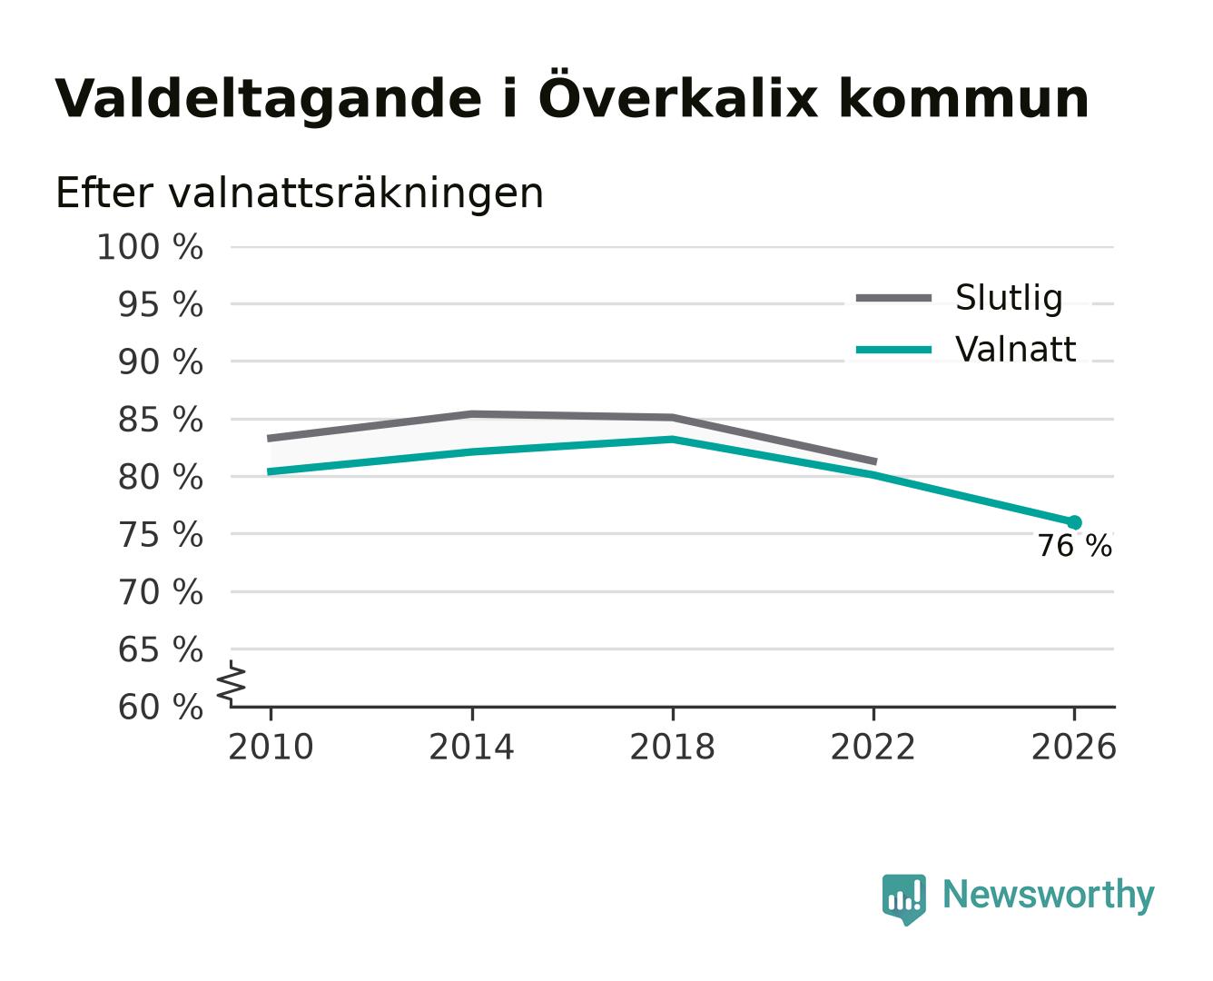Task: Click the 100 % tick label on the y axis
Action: click(x=150, y=247)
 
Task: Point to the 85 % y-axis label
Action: click(x=160, y=420)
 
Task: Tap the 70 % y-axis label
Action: click(x=160, y=592)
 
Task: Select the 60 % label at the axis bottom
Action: click(x=160, y=707)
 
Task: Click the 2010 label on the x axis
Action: click(x=271, y=747)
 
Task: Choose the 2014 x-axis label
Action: click(x=471, y=747)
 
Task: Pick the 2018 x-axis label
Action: click(x=672, y=747)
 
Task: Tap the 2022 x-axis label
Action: click(x=873, y=747)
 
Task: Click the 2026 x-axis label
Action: click(x=1073, y=747)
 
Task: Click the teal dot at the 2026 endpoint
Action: click(x=1074, y=522)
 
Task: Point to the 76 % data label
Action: click(x=1075, y=546)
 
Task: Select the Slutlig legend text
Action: click(x=1009, y=298)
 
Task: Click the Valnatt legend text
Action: click(x=1015, y=349)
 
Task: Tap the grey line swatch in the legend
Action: click(x=893, y=298)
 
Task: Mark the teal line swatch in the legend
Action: click(x=893, y=350)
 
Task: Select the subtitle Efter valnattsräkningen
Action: click(x=300, y=193)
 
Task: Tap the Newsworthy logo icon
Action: click(x=903, y=899)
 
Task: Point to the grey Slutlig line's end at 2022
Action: click(x=876, y=461)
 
